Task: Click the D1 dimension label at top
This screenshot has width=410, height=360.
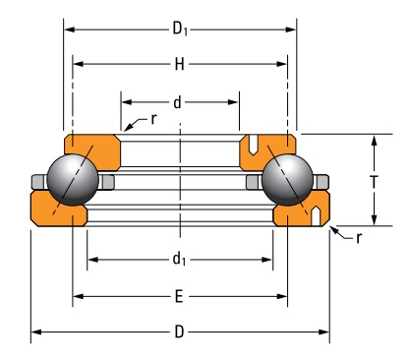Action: coord(180,30)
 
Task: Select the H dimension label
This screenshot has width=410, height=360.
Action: coord(179,64)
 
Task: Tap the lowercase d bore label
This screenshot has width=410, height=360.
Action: coord(177,102)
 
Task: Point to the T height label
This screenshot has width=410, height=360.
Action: coord(374,181)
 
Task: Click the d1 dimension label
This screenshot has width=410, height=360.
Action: coord(179,259)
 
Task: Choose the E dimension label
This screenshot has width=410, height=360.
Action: coord(179,297)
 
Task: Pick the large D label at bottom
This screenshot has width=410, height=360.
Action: coord(179,331)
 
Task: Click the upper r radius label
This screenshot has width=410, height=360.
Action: coord(153,119)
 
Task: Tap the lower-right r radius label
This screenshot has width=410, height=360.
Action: coord(359,238)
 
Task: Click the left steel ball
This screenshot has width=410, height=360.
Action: coord(73,180)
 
